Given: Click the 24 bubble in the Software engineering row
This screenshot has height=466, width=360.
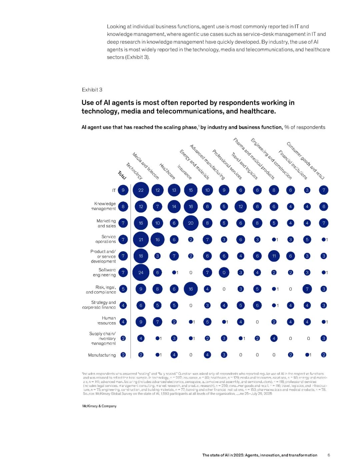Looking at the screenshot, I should pos(141,273).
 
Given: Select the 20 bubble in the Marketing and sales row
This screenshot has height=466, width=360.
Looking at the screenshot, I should pos(191,223).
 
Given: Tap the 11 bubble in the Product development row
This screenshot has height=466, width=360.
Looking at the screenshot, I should pos(274,256).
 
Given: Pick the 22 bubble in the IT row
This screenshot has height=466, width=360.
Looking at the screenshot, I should pos(141,190).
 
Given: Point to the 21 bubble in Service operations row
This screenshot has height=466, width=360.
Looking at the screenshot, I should pos(141,240).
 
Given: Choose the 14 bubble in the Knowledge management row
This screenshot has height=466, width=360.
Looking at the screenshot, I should pos(174,207).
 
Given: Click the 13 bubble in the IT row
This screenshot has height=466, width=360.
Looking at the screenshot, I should pos(174,190).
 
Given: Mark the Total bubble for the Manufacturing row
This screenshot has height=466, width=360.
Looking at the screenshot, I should pos(123,355).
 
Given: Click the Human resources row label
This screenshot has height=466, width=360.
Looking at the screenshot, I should pos(107,321).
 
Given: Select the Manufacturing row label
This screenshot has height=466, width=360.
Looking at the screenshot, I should pos(102,355).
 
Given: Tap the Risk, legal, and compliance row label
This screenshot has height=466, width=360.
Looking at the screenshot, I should pos(101,290).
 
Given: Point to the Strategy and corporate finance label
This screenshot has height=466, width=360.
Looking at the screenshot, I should pos(99,305).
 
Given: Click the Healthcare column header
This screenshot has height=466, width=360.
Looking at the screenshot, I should pos(167,171).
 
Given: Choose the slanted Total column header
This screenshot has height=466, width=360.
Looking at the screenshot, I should pos(122,175).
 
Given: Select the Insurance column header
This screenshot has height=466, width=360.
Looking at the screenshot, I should pos(184,172).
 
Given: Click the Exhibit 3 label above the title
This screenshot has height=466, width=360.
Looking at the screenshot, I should pos(92,90).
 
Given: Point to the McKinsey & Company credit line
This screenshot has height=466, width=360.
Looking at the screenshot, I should pos(99,406).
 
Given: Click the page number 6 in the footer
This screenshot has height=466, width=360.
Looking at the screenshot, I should pos(329,455).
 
